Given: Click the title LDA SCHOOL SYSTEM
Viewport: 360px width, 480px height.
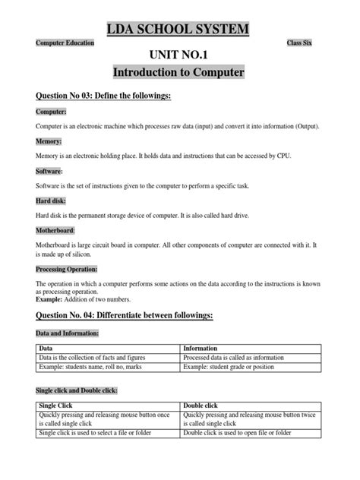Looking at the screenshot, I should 180,29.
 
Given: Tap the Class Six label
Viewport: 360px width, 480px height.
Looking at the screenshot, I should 305,43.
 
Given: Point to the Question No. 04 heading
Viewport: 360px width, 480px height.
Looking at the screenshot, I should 130,314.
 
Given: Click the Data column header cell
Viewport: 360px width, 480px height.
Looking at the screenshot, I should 46,349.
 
